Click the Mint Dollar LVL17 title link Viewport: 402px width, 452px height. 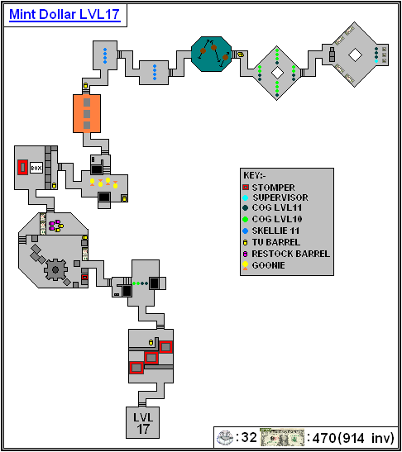coord(65,14)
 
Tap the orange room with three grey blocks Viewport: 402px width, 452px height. coord(87,113)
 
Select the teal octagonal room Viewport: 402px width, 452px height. coord(212,54)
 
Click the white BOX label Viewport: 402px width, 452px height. coord(36,168)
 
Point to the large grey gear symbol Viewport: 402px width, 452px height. coord(55,269)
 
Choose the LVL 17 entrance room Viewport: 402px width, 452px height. coord(142,422)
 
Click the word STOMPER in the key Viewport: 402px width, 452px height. coord(273,188)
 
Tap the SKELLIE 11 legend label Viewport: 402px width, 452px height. coord(275,231)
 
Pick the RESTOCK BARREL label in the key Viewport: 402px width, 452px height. coord(291,254)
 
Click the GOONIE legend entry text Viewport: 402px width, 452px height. coord(268,265)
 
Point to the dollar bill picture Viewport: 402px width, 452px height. coord(282,438)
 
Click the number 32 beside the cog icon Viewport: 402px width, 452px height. coord(249,437)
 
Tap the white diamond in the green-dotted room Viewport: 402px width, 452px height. coord(277,73)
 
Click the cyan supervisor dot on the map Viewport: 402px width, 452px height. coord(376,61)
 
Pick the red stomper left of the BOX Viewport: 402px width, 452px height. coord(22,167)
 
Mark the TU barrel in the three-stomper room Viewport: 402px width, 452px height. coord(151,342)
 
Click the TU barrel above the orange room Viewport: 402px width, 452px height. coord(85,86)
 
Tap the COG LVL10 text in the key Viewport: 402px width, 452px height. coord(277,219)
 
